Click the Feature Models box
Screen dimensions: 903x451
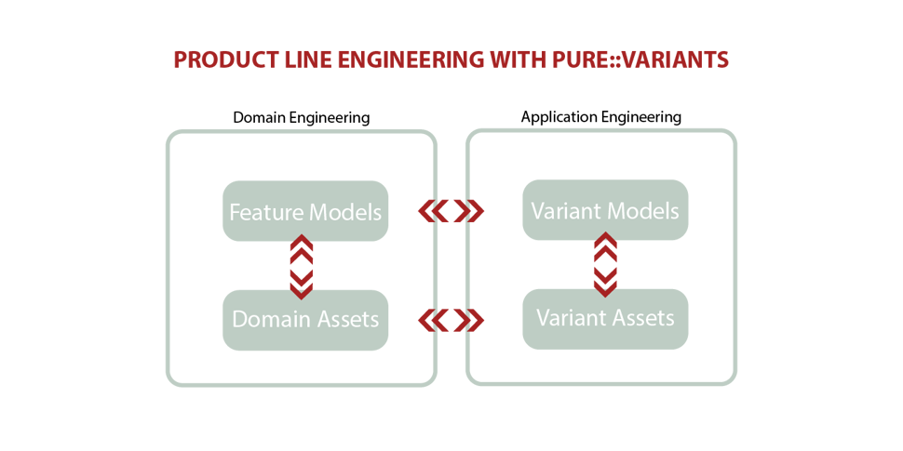coord(305,211)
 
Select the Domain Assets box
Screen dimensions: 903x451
coord(305,320)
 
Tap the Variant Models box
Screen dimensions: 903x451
coord(605,210)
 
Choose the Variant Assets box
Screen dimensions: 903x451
coord(605,319)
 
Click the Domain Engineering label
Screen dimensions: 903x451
coord(302,118)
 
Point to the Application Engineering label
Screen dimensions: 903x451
coord(601,117)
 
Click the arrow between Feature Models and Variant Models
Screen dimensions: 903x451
coord(451,212)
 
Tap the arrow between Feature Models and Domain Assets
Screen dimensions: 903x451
coord(302,267)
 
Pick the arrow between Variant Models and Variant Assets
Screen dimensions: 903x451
coord(605,265)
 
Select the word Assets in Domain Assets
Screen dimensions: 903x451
coord(345,319)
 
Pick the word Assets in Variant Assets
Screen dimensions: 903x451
coord(641,318)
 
